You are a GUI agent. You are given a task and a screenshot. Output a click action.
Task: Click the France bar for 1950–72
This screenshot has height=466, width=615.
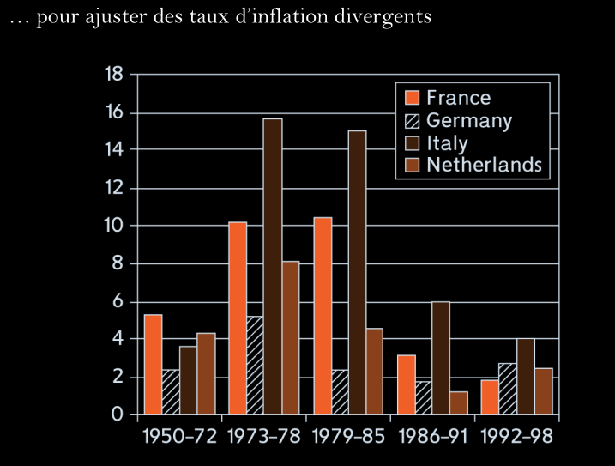tap(153, 365)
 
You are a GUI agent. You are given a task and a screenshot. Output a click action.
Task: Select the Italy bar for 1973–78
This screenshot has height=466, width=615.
tap(273, 267)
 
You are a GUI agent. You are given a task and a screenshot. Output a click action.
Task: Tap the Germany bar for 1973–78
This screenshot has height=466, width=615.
tap(255, 366)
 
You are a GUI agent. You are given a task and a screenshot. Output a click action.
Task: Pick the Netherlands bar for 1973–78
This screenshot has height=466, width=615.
tap(291, 338)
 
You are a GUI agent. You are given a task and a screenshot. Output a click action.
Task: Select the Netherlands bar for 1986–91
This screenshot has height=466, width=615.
tap(459, 403)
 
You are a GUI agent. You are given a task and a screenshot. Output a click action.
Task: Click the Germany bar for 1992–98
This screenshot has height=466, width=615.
tap(508, 389)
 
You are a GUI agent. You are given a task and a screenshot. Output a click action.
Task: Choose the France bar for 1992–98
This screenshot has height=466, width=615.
tap(490, 397)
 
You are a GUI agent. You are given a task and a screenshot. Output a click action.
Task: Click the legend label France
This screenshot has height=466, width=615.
tap(458, 98)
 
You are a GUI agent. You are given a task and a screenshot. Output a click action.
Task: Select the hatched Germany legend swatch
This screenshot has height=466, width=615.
tap(411, 120)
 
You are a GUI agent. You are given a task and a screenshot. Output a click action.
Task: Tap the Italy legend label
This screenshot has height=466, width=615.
tap(447, 142)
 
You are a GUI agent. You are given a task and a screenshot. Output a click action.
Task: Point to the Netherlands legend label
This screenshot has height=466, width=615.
tap(484, 164)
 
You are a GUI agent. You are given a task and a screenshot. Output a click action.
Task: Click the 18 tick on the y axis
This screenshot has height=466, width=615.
tap(114, 75)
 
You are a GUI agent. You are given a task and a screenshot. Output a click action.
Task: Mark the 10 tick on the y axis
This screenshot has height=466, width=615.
tap(114, 226)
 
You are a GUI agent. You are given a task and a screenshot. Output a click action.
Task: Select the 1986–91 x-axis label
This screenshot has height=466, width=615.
tap(433, 436)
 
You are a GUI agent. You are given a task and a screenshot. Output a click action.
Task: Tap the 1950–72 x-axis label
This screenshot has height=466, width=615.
tap(179, 436)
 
